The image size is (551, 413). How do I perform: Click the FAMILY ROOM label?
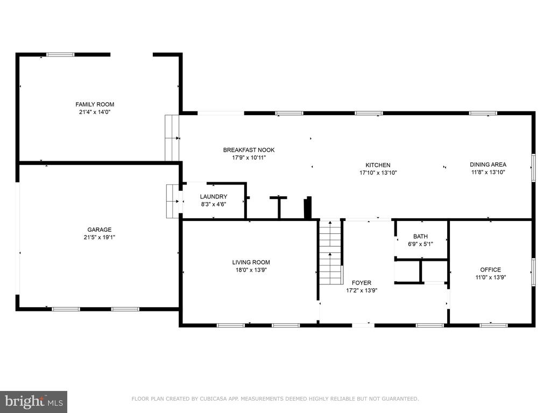tap(95, 104)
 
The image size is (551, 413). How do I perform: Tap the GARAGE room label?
tap(100, 230)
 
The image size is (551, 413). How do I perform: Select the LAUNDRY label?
tap(214, 197)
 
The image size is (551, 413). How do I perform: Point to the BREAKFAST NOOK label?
tap(249, 150)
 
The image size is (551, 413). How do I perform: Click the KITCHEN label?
tap(378, 165)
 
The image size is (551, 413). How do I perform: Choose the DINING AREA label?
tap(488, 165)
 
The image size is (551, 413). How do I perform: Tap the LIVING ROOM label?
tap(251, 262)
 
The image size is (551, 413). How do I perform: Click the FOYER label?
tap(362, 283)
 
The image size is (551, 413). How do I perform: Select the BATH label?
tap(421, 237)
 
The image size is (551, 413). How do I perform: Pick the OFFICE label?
tap(491, 270)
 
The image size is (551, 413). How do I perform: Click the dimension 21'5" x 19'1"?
tap(100, 237)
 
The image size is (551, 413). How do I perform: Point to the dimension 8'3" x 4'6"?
tap(213, 204)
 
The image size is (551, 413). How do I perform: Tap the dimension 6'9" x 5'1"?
tap(421, 244)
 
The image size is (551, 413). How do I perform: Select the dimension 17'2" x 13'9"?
tap(362, 290)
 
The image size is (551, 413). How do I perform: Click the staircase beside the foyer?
tap(330, 252)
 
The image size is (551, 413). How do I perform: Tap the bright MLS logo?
tap(34, 402)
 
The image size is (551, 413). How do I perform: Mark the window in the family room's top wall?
tap(61, 54)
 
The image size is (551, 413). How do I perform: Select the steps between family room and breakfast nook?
tap(172, 138)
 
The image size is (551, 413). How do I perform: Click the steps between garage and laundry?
tap(173, 201)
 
